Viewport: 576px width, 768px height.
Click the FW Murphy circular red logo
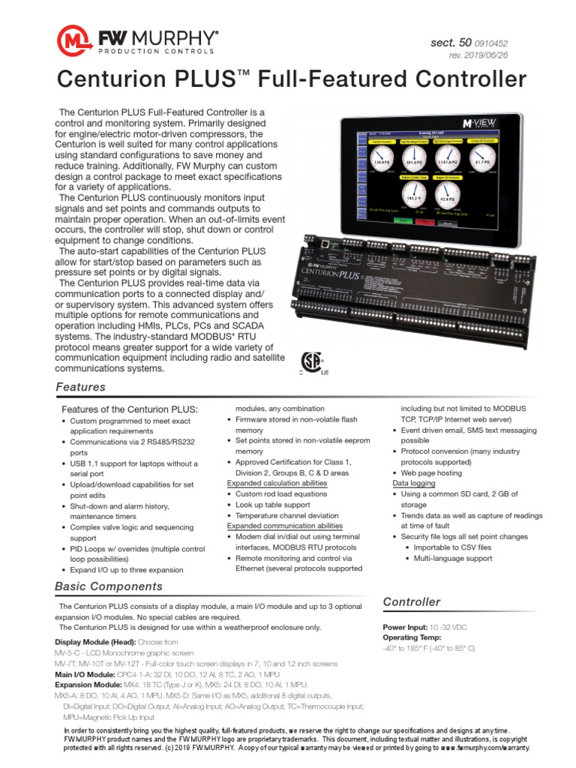click(74, 40)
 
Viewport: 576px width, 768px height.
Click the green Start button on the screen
click(401, 222)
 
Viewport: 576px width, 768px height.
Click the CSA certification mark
click(313, 363)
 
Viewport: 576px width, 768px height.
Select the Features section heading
click(81, 387)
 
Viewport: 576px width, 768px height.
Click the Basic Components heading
click(109, 586)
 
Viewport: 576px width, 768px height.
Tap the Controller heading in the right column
click(412, 601)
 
